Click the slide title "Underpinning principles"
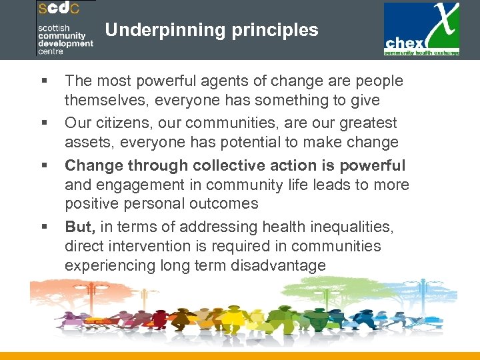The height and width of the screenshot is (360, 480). (x=211, y=30)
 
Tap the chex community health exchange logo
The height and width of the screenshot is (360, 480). (x=421, y=30)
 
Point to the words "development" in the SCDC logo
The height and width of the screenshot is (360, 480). (x=65, y=43)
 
